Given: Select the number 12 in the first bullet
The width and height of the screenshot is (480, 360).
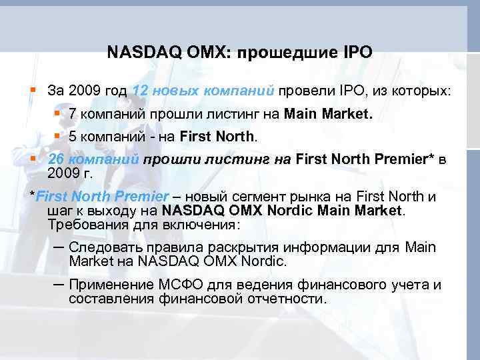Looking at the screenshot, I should pyautogui.click(x=141, y=90).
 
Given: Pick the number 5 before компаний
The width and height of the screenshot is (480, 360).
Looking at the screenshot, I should pyautogui.click(x=73, y=137).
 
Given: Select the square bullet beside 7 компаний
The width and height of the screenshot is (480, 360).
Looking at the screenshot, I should pyautogui.click(x=57, y=113).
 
